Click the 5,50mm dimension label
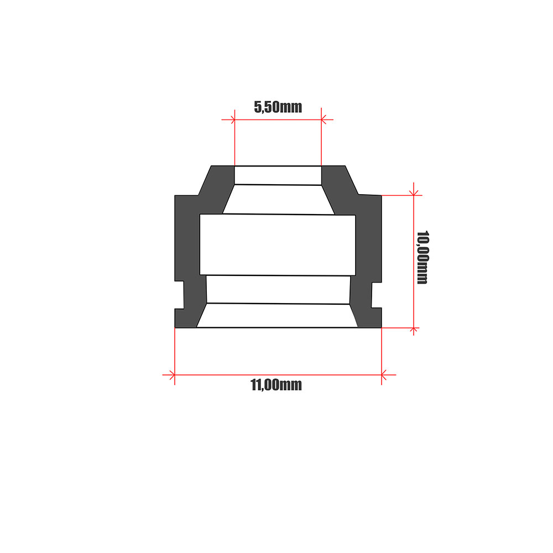(x=278, y=107)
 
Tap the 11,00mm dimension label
(x=276, y=385)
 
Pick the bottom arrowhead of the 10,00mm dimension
(x=413, y=329)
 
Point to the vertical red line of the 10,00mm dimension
(x=413, y=260)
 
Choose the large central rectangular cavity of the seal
(x=277, y=244)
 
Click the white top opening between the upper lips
(x=278, y=175)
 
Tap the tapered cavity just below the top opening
(x=278, y=200)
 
